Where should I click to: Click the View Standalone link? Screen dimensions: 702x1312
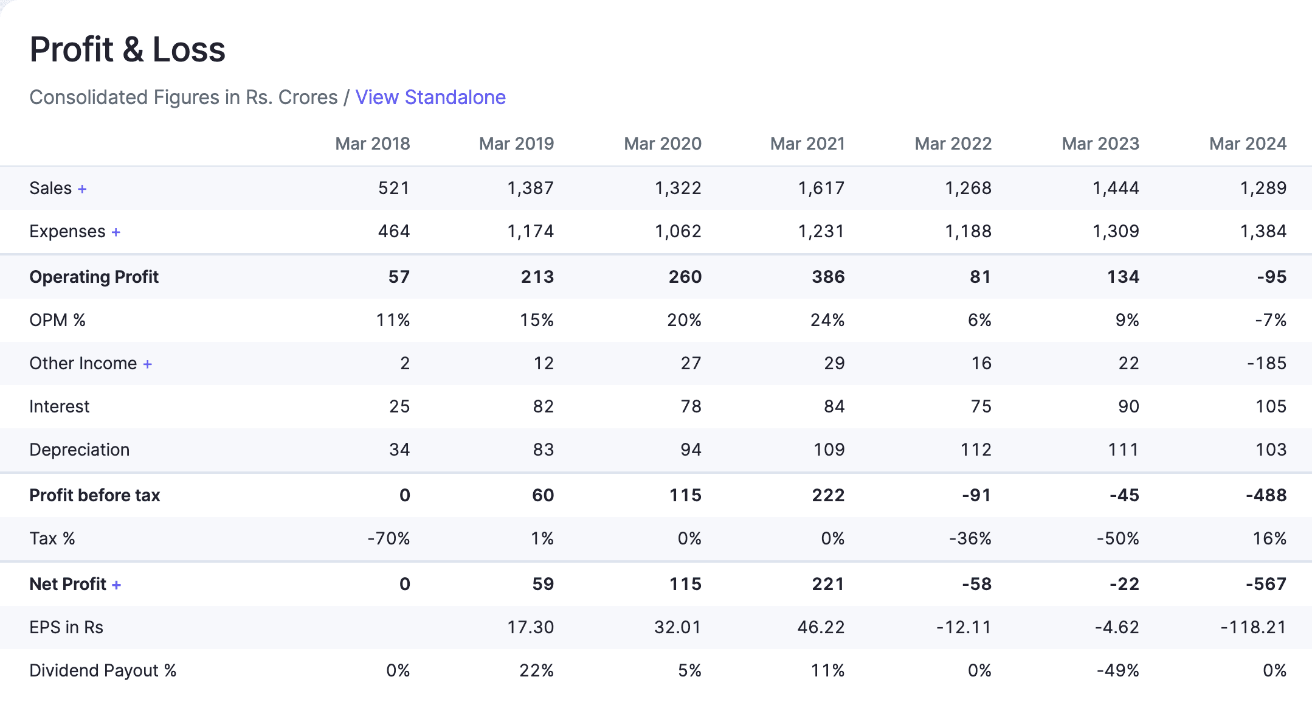(x=430, y=97)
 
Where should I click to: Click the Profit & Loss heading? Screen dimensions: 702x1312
(x=128, y=49)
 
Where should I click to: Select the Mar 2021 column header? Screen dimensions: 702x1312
(x=807, y=144)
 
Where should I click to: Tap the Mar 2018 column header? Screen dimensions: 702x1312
(x=372, y=144)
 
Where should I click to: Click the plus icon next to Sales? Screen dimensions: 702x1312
(x=82, y=189)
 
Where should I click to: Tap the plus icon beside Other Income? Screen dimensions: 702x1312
(x=148, y=364)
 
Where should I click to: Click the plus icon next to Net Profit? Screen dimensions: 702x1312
(x=116, y=585)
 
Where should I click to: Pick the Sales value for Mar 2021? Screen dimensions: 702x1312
(x=821, y=188)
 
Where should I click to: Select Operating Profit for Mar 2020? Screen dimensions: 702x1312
(x=685, y=277)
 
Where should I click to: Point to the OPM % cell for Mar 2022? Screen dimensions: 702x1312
(x=979, y=320)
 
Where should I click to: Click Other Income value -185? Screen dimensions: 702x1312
(x=1266, y=363)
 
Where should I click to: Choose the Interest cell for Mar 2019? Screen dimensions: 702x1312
(x=543, y=406)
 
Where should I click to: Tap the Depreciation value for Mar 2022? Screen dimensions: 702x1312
(x=976, y=450)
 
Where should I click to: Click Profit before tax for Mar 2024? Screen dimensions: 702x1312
(x=1266, y=495)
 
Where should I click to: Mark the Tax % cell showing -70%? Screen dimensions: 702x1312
(x=388, y=538)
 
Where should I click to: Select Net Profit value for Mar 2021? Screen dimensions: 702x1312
(x=828, y=584)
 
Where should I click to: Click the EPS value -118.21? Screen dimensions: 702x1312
(x=1253, y=627)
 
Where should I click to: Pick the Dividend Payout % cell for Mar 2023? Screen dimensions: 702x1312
(x=1117, y=670)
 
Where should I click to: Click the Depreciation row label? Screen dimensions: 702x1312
(x=80, y=450)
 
